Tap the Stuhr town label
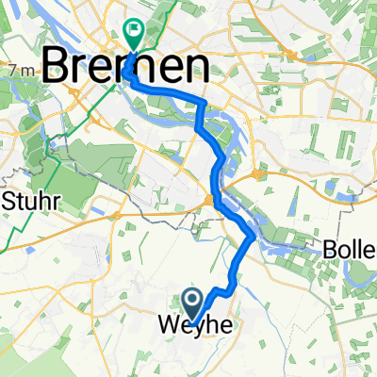pyautogui.click(x=31, y=201)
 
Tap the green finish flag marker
pyautogui.click(x=134, y=34)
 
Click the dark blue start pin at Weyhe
pyautogui.click(x=194, y=303)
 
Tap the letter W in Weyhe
pyautogui.click(x=162, y=325)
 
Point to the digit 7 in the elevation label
pyautogui.click(x=8, y=71)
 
